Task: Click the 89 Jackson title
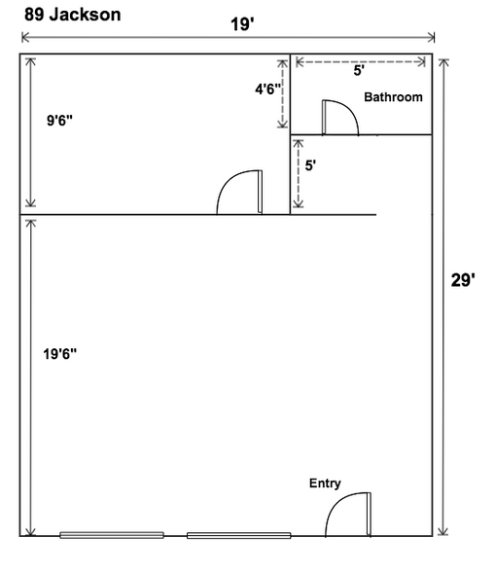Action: click(x=73, y=15)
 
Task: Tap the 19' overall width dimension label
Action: click(x=242, y=24)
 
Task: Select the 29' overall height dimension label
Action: click(x=463, y=280)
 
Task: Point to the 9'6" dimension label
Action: click(x=60, y=120)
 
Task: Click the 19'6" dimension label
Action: click(x=60, y=354)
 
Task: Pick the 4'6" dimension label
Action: click(x=268, y=89)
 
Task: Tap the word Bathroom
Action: click(x=393, y=97)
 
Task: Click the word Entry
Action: click(x=325, y=483)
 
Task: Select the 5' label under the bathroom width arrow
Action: click(x=359, y=70)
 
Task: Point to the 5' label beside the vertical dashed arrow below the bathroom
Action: click(x=310, y=165)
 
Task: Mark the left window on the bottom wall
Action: click(x=112, y=535)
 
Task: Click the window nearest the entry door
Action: click(x=239, y=535)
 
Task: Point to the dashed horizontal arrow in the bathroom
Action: click(x=361, y=62)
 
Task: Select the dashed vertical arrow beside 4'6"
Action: click(x=282, y=93)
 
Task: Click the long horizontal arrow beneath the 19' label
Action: click(x=228, y=37)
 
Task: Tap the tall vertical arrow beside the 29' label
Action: click(x=443, y=297)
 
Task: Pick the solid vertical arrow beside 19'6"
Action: click(x=31, y=377)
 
